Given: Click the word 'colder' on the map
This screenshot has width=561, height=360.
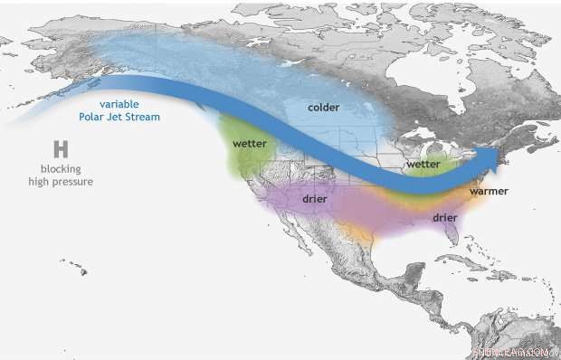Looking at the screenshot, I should pos(323,108).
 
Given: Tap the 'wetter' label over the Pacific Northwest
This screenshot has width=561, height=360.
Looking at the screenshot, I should pos(249,144).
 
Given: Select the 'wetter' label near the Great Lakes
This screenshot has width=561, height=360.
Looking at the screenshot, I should pos(423,165).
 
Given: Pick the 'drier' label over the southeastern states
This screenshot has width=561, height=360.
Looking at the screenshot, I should pos(444,217).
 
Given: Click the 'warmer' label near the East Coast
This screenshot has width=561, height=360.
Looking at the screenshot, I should pos(488,192).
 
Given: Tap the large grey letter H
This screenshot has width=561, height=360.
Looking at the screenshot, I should pos(61,149).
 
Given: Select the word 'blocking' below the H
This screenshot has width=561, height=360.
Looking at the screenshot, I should pos(61,169).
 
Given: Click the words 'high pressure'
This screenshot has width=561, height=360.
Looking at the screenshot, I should pos(61,182).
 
